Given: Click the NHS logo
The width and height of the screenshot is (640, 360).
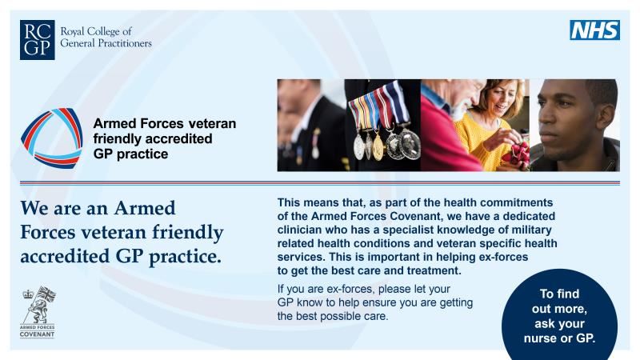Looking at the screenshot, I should [x=594, y=30].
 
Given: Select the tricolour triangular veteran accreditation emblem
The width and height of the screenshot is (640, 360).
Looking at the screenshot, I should [x=52, y=137].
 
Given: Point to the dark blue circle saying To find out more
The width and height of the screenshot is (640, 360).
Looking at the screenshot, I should [x=559, y=314].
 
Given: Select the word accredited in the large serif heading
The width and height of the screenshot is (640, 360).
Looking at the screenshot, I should [x=62, y=258].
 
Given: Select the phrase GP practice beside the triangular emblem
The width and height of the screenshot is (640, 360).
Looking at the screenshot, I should [x=131, y=154].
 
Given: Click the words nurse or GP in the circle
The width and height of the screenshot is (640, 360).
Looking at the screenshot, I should [x=559, y=338].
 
